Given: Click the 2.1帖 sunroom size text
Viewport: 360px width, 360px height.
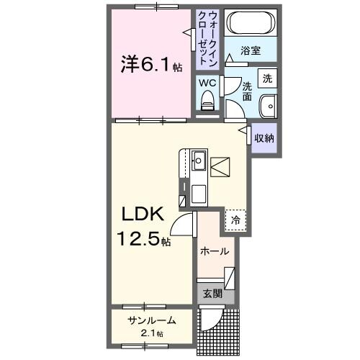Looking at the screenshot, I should pos(150,333).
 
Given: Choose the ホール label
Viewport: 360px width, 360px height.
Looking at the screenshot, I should pos(215,251).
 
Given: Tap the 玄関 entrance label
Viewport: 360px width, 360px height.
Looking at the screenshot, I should pos(212,293).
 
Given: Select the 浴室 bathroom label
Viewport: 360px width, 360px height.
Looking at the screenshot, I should pos(251,52).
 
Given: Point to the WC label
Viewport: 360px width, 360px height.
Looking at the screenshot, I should pos(207,83).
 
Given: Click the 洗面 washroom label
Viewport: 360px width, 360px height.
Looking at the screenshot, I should pos(246,91).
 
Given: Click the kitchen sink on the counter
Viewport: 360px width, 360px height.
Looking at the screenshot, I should pos(199,161).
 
